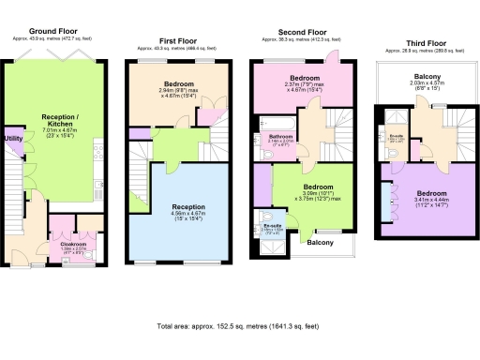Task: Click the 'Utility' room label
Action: (13, 139)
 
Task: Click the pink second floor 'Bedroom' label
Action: (305, 77)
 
